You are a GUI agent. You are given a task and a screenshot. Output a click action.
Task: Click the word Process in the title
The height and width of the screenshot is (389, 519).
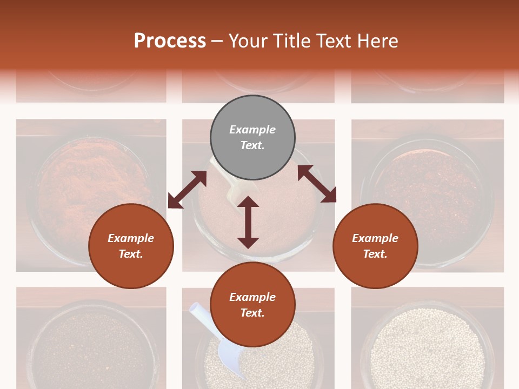170,41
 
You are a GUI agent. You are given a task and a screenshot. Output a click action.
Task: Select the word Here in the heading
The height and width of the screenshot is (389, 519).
376,41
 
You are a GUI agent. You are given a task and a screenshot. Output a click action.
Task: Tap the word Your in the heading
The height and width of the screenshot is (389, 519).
248,41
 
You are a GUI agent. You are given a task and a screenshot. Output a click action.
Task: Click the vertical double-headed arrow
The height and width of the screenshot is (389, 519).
248,222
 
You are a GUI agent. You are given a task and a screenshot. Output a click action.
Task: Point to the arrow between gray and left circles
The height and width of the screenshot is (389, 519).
187,190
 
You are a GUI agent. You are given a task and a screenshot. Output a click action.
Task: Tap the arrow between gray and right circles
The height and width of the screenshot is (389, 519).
317,184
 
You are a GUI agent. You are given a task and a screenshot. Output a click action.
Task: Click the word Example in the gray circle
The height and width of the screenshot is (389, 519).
252,130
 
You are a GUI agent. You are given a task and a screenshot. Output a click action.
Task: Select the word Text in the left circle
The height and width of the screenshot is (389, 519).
131,254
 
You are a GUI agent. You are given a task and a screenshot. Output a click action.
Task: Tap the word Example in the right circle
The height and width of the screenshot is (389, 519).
375,238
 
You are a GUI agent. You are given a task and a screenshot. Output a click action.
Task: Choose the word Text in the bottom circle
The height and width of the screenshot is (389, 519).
252,313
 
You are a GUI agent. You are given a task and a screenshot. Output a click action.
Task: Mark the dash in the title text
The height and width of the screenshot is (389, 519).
217,41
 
